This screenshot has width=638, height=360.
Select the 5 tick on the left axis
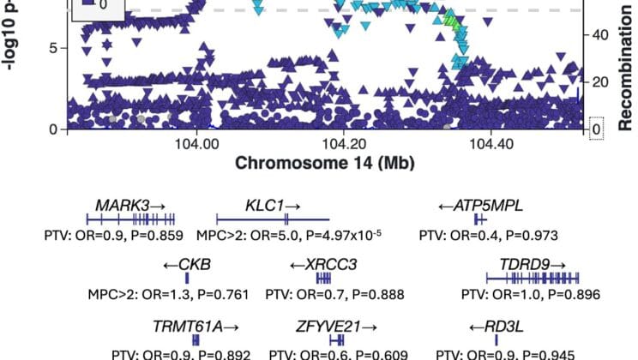(51, 48)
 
